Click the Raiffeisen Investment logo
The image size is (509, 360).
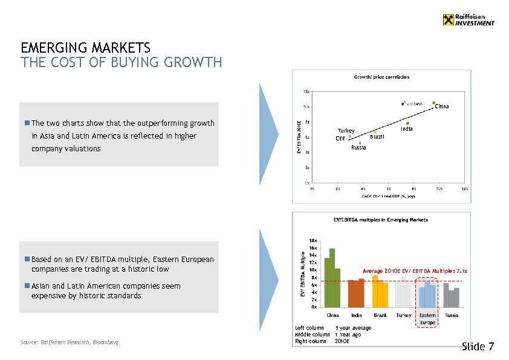pos(468,20)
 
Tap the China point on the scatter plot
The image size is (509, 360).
pos(434,103)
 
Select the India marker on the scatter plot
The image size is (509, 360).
pos(408,123)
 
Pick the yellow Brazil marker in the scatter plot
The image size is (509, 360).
pos(375,132)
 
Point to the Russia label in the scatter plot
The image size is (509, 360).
pos(358,148)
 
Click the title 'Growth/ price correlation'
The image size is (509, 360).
pos(381,77)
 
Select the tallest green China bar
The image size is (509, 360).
pos(332,278)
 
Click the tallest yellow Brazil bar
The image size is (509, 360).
pos(375,291)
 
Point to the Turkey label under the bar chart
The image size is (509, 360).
pos(403,315)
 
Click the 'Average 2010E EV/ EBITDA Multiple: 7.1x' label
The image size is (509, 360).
pos(414,271)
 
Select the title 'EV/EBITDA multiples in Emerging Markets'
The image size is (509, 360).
pos(381,220)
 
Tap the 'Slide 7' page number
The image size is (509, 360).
pos(478,347)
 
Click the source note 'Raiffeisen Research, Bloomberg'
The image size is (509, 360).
pos(70,342)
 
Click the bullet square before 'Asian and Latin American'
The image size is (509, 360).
pos(27,286)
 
